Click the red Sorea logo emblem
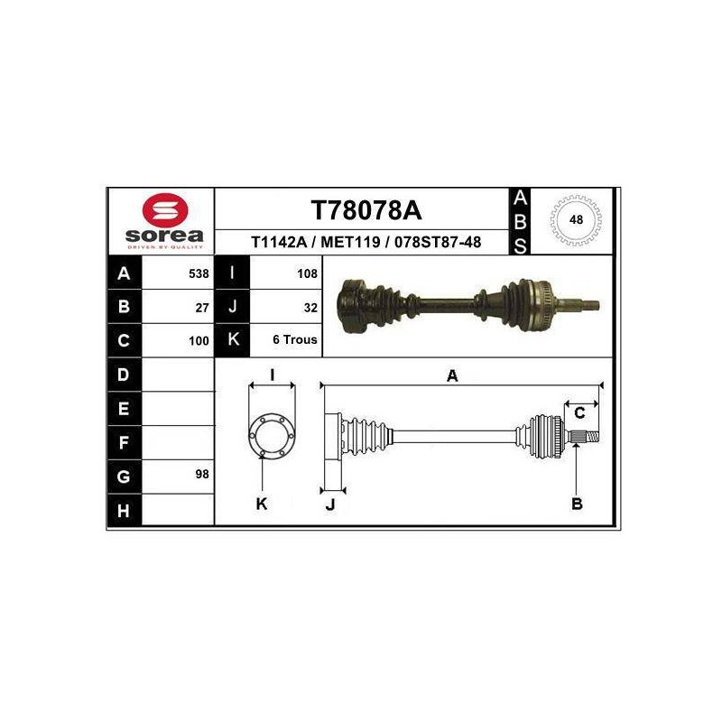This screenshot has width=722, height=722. tap(165, 210)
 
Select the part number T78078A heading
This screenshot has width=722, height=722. tap(366, 210)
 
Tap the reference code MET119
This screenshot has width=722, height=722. tap(350, 242)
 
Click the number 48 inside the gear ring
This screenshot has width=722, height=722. tap(576, 219)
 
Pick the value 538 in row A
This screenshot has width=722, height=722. tap(199, 273)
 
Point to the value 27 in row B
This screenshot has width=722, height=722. tap(202, 308)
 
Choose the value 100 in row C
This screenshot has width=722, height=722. tap(199, 341)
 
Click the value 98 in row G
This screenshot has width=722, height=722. tap(202, 474)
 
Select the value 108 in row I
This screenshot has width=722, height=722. tap(307, 273)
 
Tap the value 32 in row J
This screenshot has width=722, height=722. tap(310, 308)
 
